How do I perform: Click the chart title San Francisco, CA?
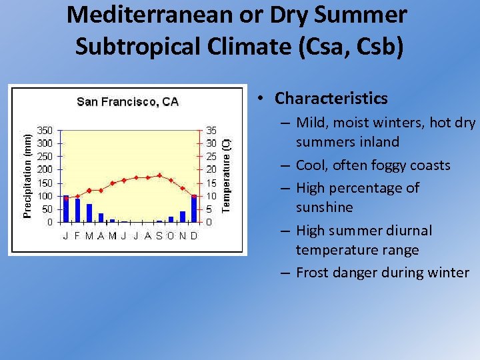click(127, 102)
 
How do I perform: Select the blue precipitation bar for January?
click(65, 209)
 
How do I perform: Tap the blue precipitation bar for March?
click(89, 213)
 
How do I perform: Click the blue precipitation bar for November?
click(183, 217)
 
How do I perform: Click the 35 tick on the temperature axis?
click(211, 130)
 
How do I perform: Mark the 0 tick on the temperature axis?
click(208, 222)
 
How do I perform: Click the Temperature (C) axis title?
click(226, 175)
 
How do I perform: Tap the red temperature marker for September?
click(159, 175)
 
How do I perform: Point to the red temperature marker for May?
click(113, 183)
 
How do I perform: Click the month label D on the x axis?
click(194, 235)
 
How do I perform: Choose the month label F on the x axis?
click(77, 235)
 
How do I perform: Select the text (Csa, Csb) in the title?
click(347, 47)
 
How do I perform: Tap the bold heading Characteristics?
click(331, 99)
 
